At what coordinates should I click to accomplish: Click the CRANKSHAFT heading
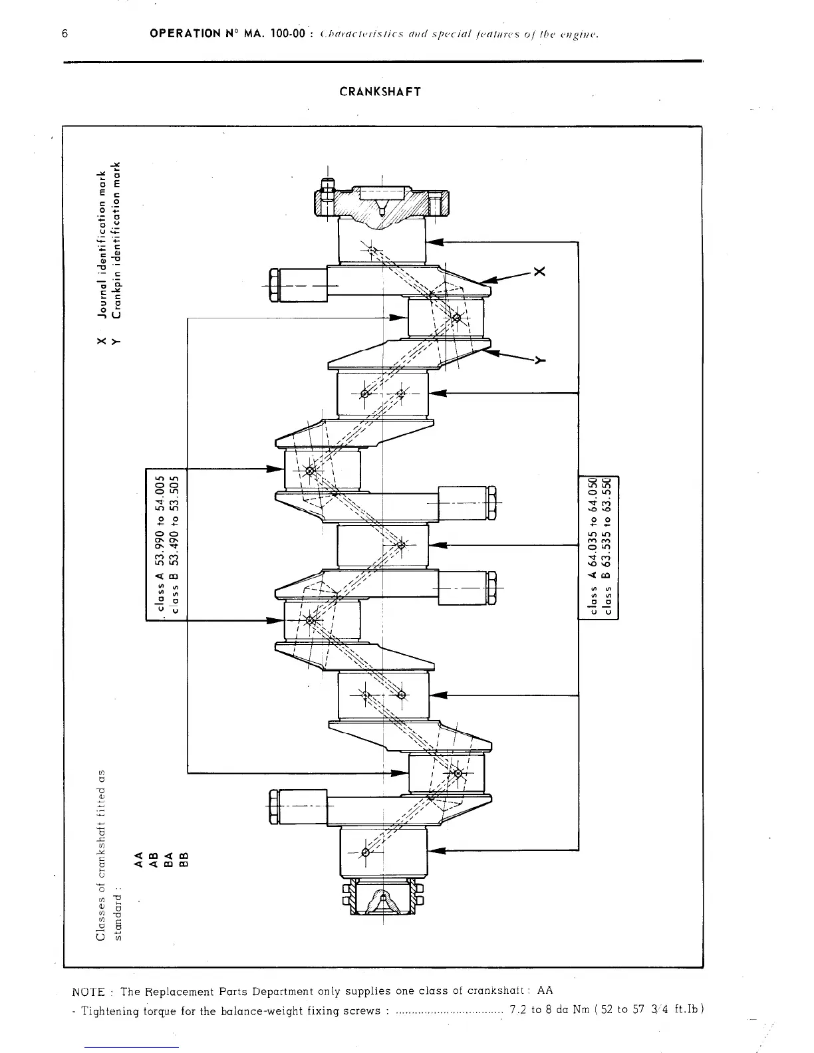point(380,91)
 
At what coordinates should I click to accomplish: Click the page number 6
point(65,35)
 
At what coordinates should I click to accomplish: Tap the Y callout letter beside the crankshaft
point(539,361)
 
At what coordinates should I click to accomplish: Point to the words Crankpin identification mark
point(117,241)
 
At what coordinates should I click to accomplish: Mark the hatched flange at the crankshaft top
point(382,203)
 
